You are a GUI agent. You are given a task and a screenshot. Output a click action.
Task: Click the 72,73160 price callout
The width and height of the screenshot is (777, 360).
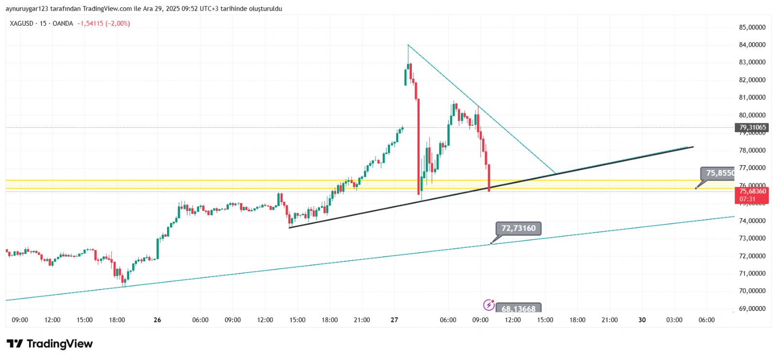[x=518, y=228]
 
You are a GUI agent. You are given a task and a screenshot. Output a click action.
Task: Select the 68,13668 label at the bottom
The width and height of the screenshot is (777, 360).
[x=518, y=309]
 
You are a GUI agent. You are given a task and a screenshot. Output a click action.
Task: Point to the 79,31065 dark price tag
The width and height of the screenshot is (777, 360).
[x=752, y=128]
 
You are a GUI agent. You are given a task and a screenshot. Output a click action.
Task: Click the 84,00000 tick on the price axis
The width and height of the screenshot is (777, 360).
[x=752, y=45]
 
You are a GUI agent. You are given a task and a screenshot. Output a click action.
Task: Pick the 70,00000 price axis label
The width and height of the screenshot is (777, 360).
[x=752, y=291]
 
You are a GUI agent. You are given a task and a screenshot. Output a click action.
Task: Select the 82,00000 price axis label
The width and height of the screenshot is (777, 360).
[x=752, y=80]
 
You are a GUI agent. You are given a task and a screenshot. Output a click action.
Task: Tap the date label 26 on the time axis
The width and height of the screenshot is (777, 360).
[x=157, y=320]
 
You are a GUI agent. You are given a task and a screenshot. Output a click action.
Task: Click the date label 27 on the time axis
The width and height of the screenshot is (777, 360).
[x=394, y=320]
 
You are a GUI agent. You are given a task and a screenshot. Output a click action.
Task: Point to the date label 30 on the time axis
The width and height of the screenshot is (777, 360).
[x=642, y=320]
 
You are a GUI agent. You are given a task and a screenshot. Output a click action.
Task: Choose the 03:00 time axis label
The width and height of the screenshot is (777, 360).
[x=674, y=320]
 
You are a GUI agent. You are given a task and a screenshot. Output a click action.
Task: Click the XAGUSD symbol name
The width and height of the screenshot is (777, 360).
[x=22, y=23]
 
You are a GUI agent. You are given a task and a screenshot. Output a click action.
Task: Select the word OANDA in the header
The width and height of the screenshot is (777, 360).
[x=63, y=23]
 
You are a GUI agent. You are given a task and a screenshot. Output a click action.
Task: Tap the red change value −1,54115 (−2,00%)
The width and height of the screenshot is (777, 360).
[x=103, y=23]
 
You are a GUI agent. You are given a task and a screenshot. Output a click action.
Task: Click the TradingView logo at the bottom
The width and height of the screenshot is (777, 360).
[x=50, y=344]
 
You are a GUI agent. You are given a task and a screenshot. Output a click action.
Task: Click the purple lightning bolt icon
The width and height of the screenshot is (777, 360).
[x=489, y=305]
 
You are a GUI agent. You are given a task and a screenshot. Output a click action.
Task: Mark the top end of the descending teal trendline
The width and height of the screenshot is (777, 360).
[x=408, y=45]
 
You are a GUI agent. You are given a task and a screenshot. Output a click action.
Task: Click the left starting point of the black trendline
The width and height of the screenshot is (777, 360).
[x=289, y=227]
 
